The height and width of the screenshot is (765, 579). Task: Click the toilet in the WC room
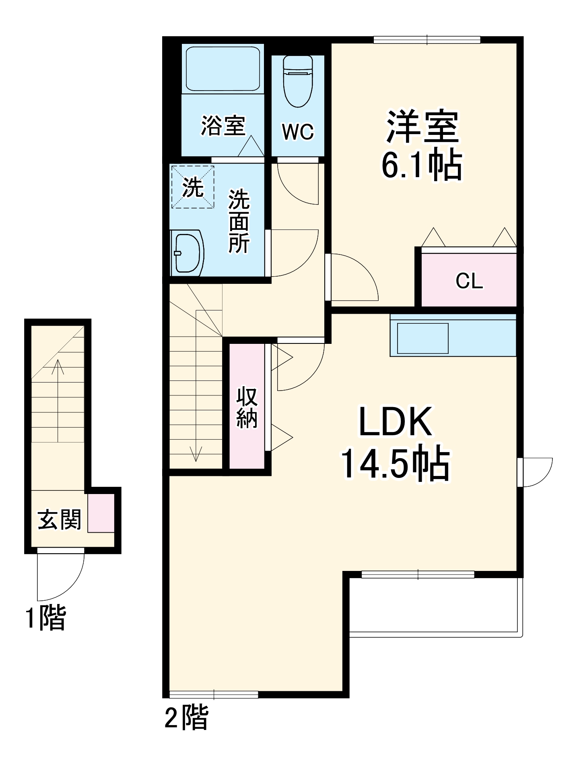[298, 81]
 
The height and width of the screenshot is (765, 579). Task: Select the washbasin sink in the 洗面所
[187, 252]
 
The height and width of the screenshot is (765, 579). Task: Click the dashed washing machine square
[193, 186]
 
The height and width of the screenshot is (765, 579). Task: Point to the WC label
[298, 131]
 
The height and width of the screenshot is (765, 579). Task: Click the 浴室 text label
[223, 125]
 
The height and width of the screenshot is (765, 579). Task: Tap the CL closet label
[469, 281]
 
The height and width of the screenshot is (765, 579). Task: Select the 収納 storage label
[247, 407]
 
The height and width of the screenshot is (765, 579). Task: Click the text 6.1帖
[422, 164]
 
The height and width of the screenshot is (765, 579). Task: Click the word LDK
[396, 422]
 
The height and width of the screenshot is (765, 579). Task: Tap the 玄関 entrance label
[60, 519]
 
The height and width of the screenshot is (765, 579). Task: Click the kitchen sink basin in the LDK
[422, 338]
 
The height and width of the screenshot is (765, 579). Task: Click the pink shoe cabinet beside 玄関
[101, 513]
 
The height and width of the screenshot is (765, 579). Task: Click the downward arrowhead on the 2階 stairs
[196, 455]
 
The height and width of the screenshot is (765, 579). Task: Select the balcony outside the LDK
[436, 608]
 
